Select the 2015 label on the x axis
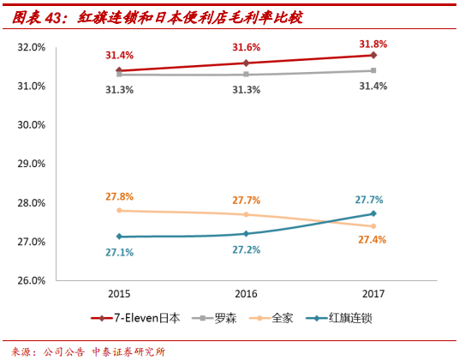pyautogui.click(x=119, y=293)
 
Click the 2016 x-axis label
pyautogui.click(x=246, y=293)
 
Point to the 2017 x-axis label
pyautogui.click(x=373, y=293)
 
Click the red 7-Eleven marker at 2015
pyautogui.click(x=119, y=70)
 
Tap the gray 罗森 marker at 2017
pyautogui.click(x=373, y=70)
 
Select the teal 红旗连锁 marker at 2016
pyautogui.click(x=246, y=233)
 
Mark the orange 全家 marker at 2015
pyautogui.click(x=119, y=210)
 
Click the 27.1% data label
pyautogui.click(x=119, y=253)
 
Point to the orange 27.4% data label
pyautogui.click(x=373, y=241)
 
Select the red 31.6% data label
pyautogui.click(x=246, y=47)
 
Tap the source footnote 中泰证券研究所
pyautogui.click(x=128, y=351)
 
